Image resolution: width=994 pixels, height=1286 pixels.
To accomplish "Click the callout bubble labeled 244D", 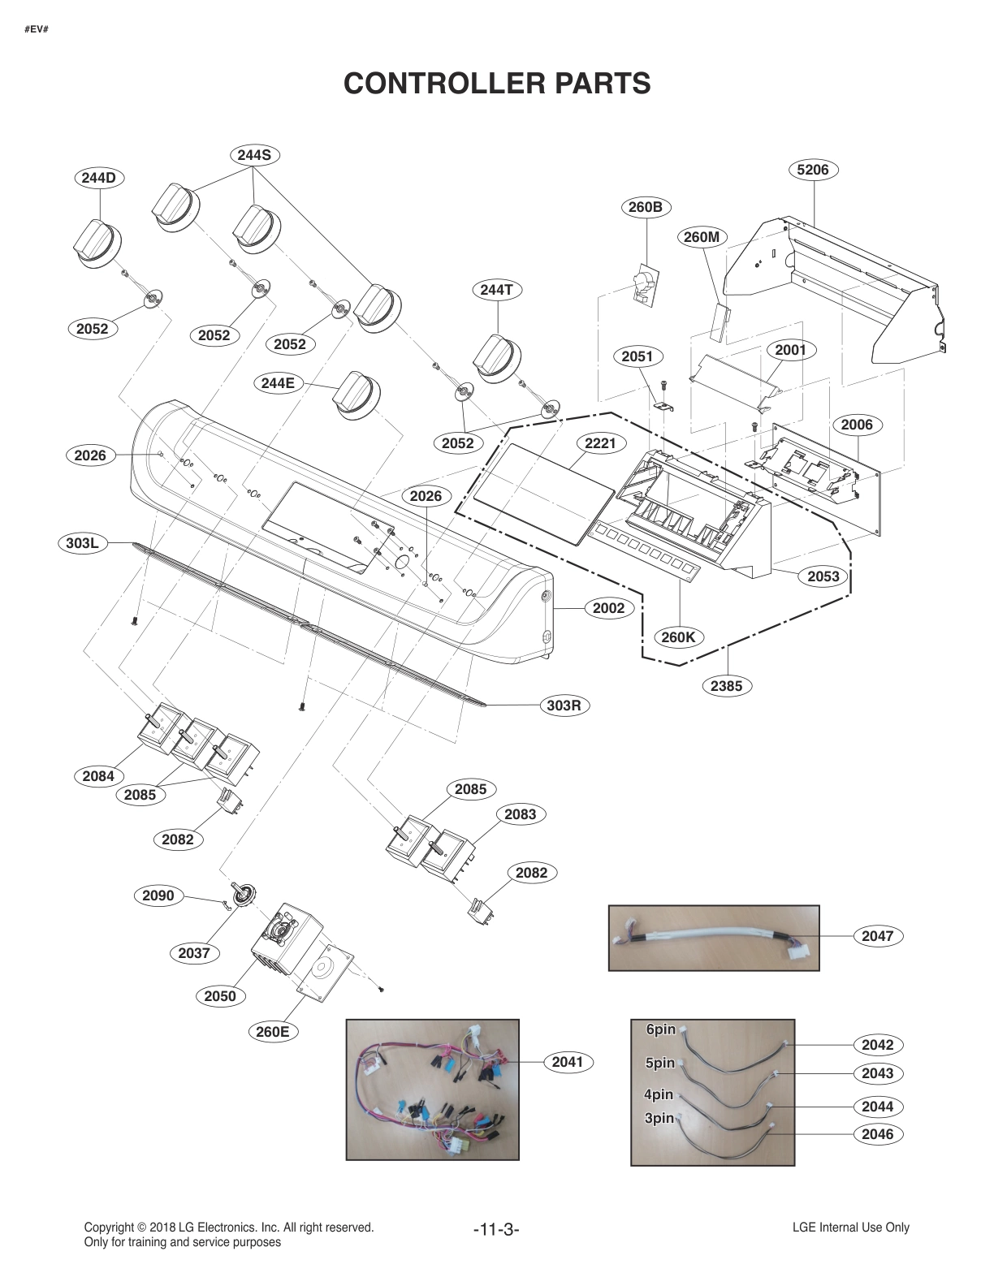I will coord(98,177).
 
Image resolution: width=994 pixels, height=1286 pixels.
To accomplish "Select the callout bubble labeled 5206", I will coord(813,170).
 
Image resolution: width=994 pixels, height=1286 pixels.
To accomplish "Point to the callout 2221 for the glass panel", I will coord(600,443).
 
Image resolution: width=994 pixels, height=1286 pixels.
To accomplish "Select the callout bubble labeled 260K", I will coord(678,637).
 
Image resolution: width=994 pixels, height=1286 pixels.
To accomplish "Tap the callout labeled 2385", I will coord(726,685).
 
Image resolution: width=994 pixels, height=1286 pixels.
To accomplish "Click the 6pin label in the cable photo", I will coord(660,1029).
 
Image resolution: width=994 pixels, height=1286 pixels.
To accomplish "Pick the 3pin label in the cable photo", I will coord(659,1118).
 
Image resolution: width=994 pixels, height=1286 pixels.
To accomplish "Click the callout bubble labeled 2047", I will coord(877,935).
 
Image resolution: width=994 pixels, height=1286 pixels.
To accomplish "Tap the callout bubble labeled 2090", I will coord(158,895).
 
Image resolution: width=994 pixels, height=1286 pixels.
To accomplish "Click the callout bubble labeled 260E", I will coord(272,1032).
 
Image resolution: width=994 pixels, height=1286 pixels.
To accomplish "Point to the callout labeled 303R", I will coord(564,705).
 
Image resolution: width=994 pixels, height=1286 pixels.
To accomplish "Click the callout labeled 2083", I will coord(520,814).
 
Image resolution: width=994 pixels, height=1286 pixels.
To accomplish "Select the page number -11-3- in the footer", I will coord(495,1229).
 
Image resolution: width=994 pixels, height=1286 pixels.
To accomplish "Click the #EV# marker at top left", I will coord(37,30).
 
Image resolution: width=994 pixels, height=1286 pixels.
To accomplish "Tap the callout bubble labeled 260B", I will coord(646,207).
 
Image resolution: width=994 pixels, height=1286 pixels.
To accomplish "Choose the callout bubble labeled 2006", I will coord(857,425).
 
